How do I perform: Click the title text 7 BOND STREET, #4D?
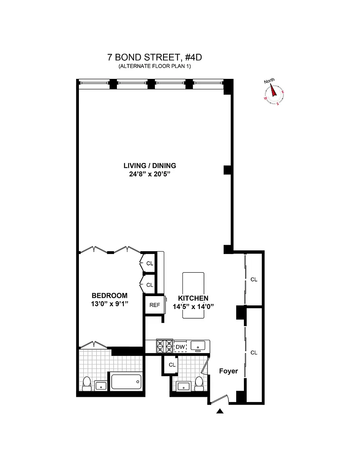155,57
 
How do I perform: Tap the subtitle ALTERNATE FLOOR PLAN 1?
155,66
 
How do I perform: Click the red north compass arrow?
273,91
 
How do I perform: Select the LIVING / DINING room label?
150,165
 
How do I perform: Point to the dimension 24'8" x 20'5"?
150,174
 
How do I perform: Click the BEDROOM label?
109,295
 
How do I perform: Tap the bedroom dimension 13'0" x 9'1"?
109,304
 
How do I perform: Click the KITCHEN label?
193,298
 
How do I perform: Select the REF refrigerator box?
155,305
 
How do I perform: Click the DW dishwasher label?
180,347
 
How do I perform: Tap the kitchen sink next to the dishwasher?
198,345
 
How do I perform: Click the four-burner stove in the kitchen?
165,346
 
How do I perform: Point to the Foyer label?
228,371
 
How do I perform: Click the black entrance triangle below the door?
220,411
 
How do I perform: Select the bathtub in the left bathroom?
126,381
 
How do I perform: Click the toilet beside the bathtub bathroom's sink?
87,383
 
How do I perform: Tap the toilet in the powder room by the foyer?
199,383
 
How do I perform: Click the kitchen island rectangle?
193,295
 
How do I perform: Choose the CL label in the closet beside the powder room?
172,364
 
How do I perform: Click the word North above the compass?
269,81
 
